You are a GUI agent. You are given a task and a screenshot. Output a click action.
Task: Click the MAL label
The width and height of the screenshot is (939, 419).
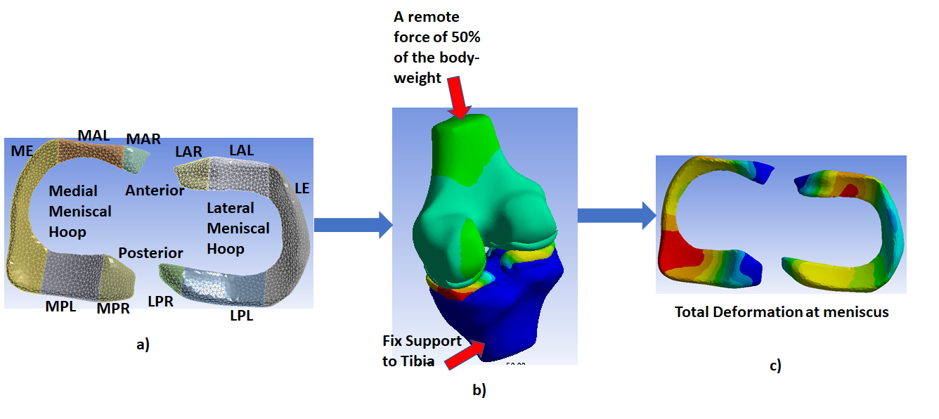point(93,135)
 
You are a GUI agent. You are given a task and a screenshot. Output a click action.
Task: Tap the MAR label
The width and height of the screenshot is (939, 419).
point(143,139)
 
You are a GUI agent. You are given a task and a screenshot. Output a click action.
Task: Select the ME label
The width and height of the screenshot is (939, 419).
point(22,151)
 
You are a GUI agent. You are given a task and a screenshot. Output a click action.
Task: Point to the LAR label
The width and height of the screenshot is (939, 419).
point(189,152)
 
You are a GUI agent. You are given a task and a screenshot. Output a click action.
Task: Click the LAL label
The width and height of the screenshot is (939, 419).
point(241,150)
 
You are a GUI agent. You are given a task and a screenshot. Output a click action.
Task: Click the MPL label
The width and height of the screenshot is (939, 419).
point(60,307)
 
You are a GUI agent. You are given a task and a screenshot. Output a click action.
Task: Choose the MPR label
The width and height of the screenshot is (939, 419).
point(113,308)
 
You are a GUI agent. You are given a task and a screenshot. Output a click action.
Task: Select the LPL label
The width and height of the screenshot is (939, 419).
point(241,316)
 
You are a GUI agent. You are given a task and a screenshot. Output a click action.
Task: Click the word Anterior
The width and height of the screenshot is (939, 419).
point(155,190)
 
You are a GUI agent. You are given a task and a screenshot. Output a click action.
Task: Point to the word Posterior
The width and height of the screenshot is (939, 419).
point(150,253)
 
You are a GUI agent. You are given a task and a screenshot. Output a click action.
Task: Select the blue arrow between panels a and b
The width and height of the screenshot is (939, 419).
point(352,225)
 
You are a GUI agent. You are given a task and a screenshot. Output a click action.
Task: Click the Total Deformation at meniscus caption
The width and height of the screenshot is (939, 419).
point(782,312)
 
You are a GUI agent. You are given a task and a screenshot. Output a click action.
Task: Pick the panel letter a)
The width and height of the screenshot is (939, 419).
point(143,344)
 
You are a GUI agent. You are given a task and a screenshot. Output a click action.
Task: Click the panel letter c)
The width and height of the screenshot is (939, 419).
point(775,366)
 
